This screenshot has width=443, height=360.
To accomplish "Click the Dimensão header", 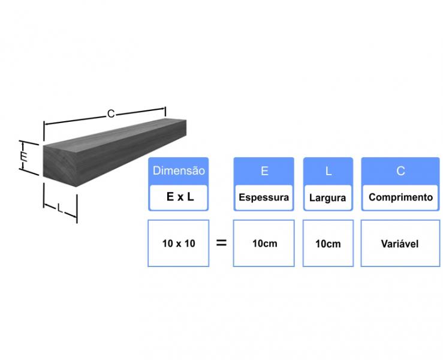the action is pos(179,170).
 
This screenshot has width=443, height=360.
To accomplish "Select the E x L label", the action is pos(180,197).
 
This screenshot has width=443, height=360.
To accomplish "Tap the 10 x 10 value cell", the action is pos(179,243).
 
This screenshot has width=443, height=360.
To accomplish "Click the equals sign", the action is pos(221,242).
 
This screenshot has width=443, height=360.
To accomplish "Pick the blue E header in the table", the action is pos(264,171).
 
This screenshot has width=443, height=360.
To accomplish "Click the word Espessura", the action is pos(264,197).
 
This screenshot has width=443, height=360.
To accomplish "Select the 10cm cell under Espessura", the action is pos(264,243).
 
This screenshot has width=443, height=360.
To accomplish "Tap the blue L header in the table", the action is pos(328,171).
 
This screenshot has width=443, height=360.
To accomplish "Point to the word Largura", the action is pos(327,197).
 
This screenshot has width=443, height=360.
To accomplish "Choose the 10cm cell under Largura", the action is pos(328,243).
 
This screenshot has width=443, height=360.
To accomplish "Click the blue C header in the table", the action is pos(400,171).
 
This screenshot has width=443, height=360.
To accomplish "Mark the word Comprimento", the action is pos(400,197).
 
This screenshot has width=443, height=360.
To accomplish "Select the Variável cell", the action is pos(400,243).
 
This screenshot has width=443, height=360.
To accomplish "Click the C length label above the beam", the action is pos(111,113).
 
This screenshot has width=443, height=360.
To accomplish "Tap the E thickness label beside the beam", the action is pos(24,156).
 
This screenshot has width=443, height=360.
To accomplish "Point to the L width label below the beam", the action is pos(59,208).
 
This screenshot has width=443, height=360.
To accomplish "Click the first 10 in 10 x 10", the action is pos(167,243).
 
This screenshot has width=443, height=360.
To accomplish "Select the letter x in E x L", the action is pos(180,197).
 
